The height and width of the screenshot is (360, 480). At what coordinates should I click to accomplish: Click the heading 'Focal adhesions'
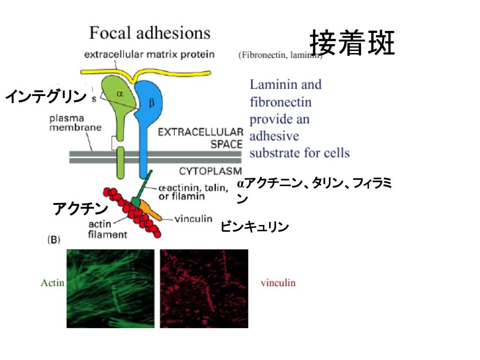150,33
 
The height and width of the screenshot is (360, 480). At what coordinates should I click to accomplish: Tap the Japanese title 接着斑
352,43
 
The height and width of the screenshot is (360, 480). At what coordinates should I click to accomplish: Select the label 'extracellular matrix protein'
149,54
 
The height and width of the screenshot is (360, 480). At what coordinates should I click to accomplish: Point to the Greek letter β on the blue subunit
151,104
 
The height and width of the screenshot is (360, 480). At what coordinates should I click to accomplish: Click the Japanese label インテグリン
46,97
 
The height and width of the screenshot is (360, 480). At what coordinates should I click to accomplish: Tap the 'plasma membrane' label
75,123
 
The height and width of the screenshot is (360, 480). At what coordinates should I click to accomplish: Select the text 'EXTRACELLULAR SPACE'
200,138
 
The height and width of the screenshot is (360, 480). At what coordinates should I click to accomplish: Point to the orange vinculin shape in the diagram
151,211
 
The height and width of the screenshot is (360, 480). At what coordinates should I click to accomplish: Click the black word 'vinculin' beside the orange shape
193,219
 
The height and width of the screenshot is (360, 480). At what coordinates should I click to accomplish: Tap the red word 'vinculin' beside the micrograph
278,283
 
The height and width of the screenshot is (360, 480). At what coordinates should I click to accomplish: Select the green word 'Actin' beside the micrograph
52,283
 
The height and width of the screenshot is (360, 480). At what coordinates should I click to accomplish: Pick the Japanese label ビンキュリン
255,227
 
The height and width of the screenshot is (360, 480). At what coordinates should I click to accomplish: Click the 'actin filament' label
107,229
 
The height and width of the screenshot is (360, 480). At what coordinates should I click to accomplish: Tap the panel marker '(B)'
54,240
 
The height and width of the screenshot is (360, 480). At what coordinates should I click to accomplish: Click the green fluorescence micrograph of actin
110,288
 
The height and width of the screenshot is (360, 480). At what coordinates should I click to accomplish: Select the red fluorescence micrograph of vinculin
204,288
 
